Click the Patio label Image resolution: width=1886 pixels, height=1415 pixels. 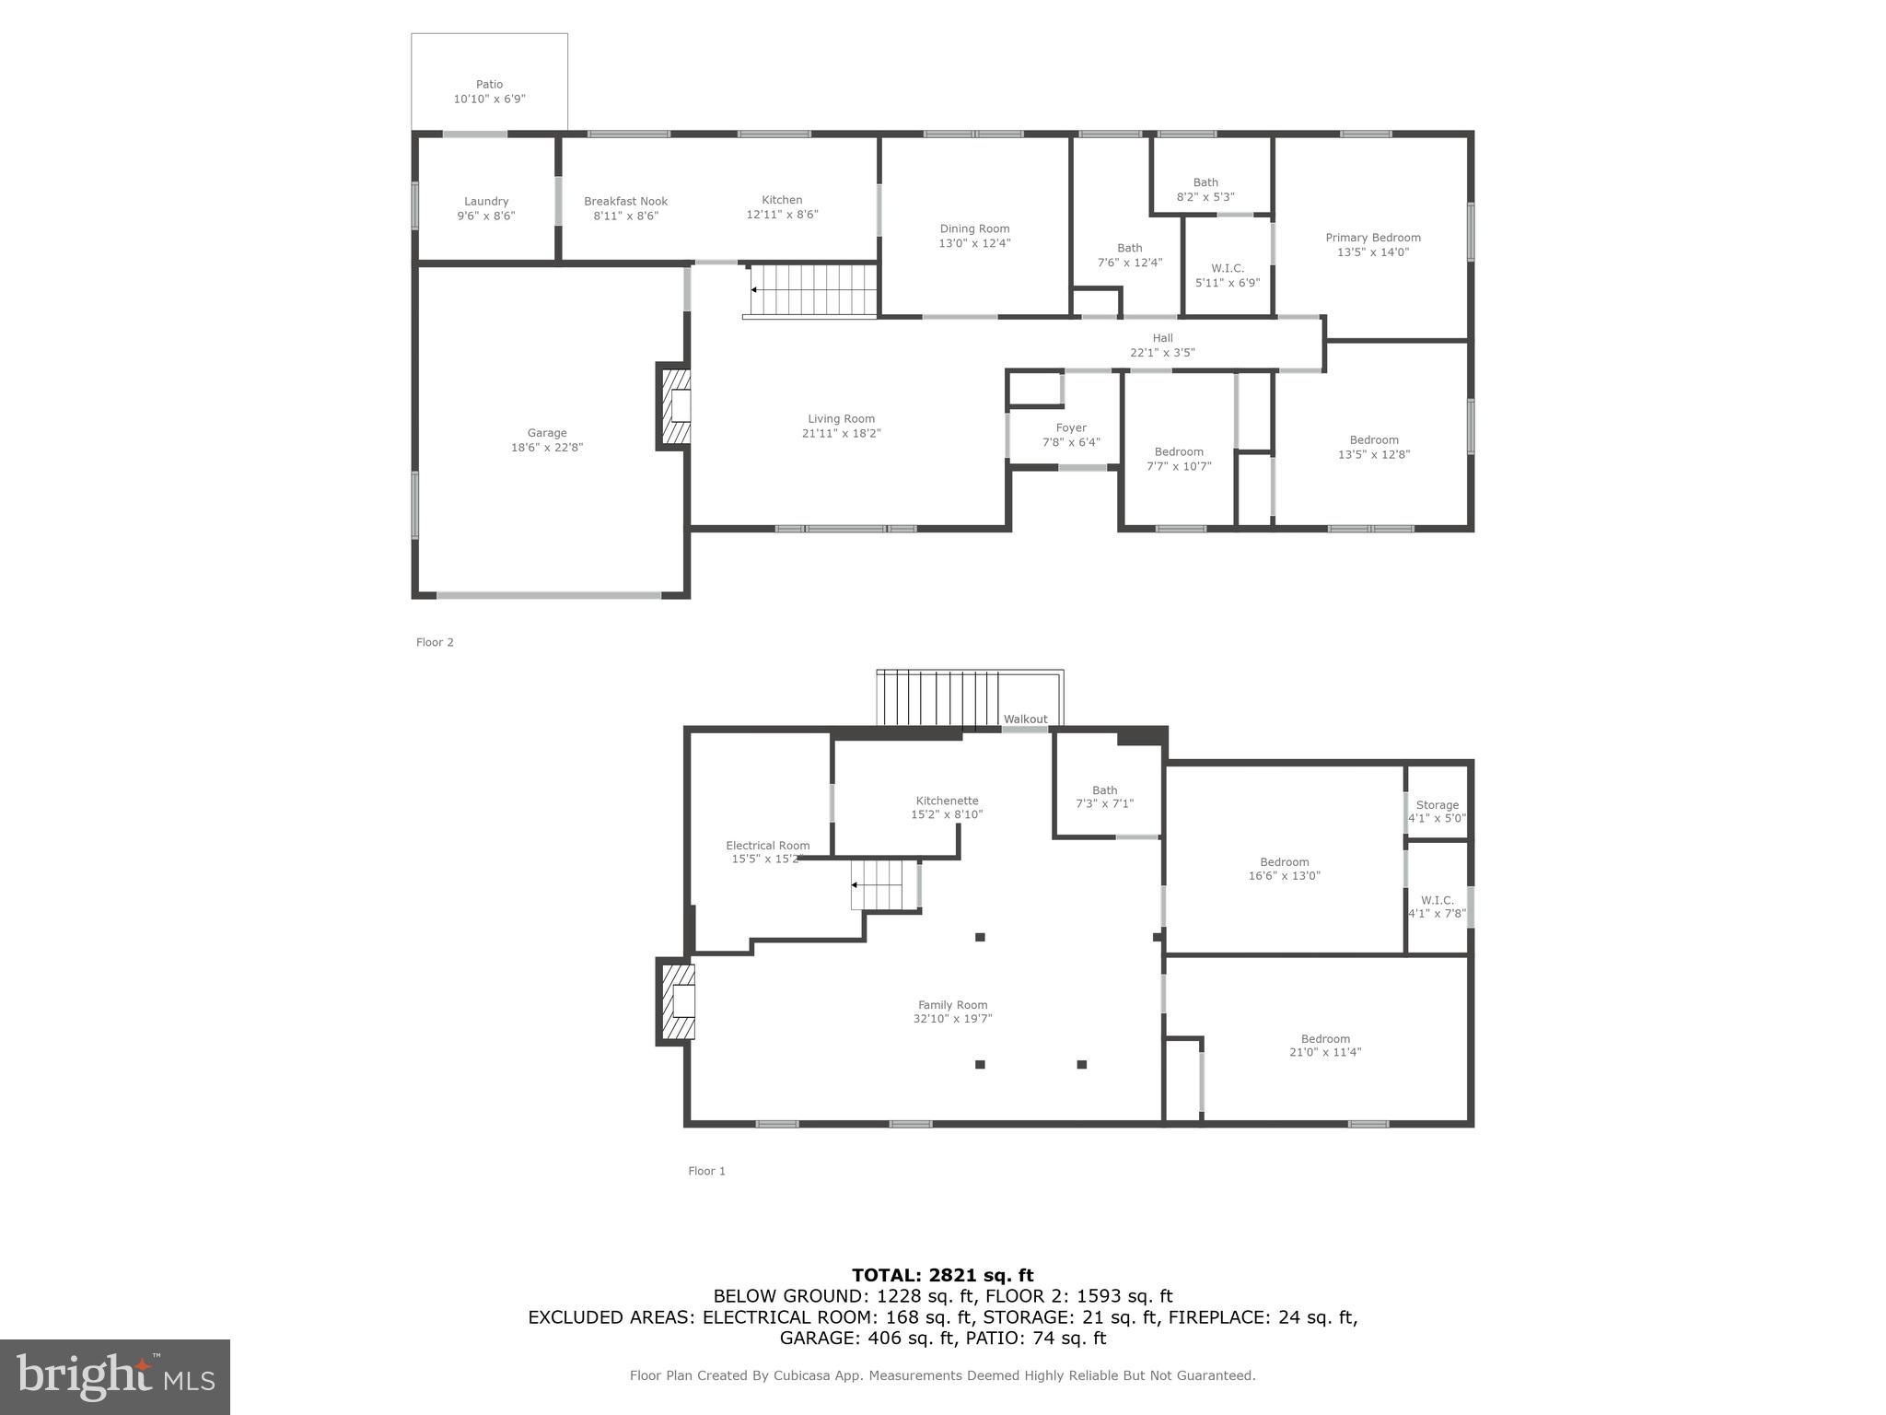click(489, 84)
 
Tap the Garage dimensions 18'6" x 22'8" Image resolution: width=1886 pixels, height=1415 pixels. click(547, 448)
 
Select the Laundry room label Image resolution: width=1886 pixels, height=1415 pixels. click(486, 201)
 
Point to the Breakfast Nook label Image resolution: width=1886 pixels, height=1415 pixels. click(625, 201)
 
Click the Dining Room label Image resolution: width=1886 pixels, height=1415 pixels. click(974, 228)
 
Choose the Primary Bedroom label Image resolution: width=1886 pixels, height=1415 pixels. click(1372, 238)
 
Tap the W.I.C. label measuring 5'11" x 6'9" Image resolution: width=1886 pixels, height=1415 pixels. click(1228, 268)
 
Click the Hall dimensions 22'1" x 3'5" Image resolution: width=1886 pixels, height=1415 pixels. click(1162, 353)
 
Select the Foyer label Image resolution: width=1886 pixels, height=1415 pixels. click(1071, 427)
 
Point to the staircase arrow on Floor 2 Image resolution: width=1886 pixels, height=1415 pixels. click(755, 289)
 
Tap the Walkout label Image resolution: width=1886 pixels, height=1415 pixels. click(1025, 719)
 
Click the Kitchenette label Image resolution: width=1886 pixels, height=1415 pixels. click(947, 801)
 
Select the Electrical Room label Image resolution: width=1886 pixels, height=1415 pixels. click(767, 845)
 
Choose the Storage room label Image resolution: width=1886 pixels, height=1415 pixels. click(1437, 804)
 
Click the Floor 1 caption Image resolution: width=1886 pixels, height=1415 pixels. click(706, 1171)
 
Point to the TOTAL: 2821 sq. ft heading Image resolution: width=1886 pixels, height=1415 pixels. click(942, 1275)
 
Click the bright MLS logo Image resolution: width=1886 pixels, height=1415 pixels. click(114, 1376)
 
